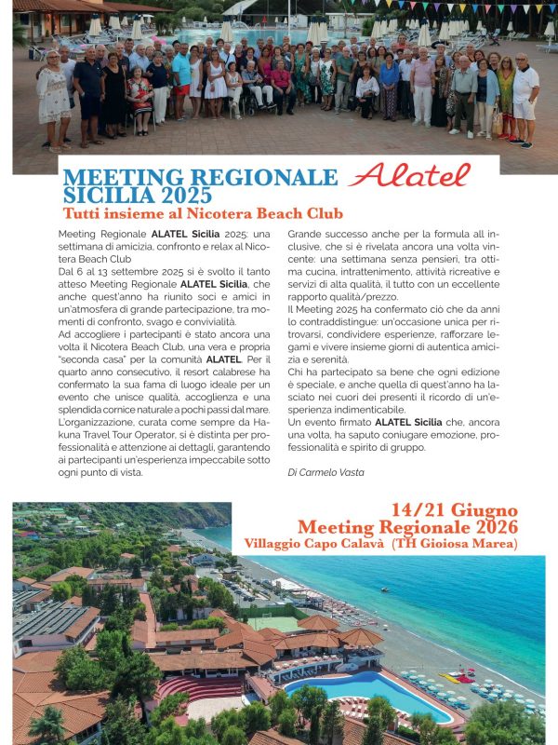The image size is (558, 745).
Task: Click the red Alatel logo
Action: point(410,174)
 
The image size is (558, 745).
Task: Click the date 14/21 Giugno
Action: point(454,510)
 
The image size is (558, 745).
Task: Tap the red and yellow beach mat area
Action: point(460,677)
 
